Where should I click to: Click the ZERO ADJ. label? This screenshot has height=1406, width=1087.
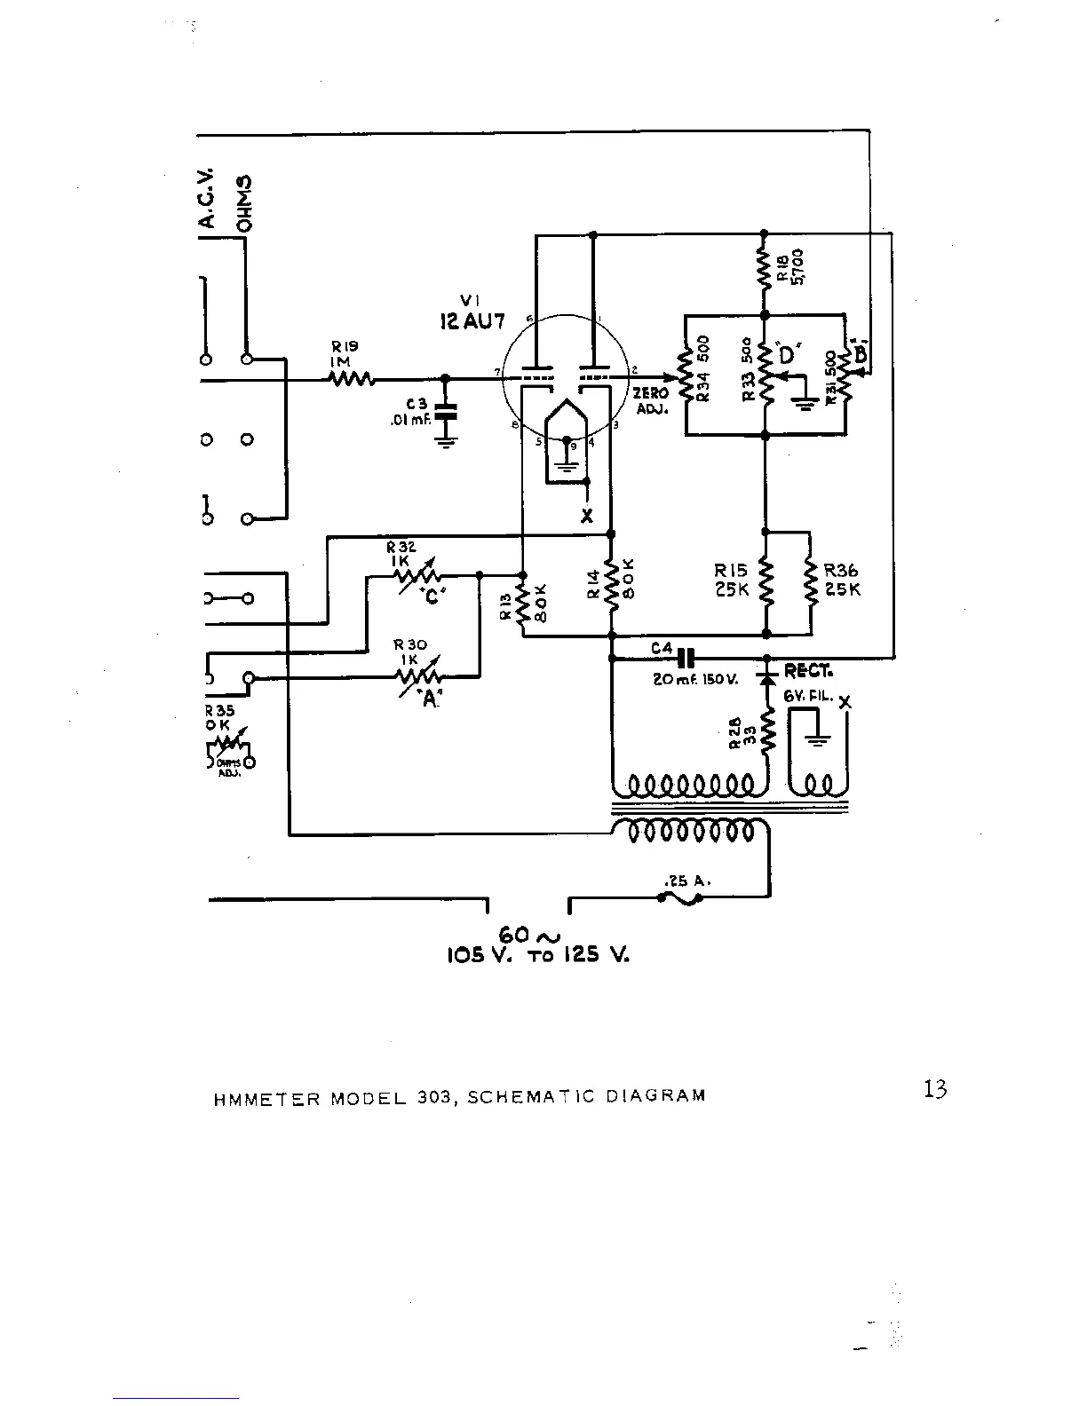pos(651,400)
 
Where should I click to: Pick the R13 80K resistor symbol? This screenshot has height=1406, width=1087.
pos(522,604)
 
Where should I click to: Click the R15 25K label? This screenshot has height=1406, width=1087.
pos(732,581)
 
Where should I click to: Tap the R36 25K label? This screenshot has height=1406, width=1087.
pos(842,581)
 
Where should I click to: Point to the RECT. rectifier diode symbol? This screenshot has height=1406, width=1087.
pos(765,677)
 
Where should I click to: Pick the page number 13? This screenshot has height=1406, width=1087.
pos(935,1089)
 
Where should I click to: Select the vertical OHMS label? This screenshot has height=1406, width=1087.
pos(245,203)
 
